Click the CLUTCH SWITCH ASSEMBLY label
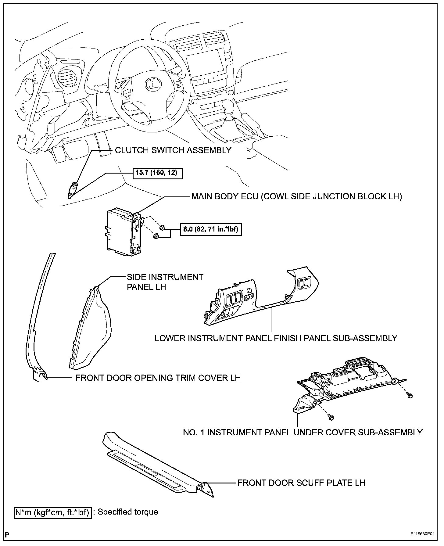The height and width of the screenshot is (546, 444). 173,150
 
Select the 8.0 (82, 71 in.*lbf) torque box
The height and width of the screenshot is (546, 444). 210,229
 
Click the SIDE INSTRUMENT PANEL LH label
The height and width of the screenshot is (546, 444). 165,282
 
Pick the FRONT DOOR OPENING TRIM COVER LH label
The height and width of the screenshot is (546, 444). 158,378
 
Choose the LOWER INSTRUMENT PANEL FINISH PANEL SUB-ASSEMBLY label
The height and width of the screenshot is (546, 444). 276,338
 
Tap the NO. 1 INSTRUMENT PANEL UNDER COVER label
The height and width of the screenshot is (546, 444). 303,432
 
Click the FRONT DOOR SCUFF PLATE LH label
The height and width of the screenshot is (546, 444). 301,483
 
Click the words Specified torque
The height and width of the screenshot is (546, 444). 128,512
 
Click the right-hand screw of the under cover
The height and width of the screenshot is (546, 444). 410,396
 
